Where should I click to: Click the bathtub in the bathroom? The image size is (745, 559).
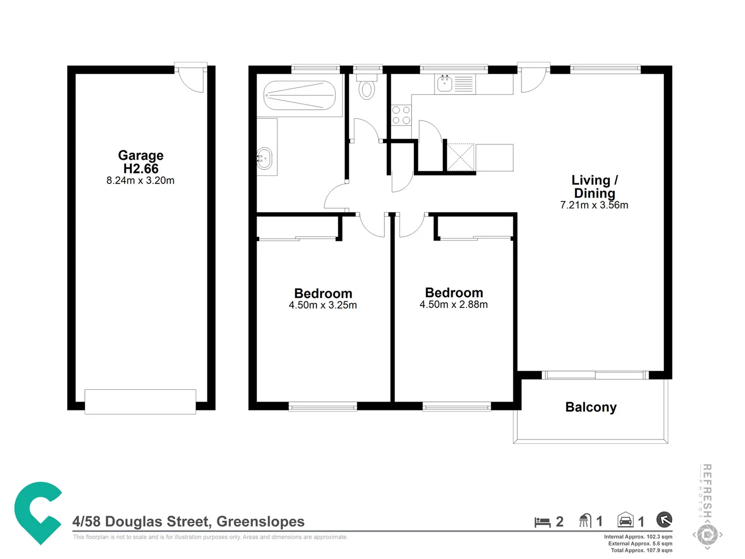pos(300,96)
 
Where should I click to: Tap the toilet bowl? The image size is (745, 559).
pos(367,90)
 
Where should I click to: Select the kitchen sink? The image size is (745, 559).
pos(445,83)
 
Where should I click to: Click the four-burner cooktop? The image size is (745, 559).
pos(401,115)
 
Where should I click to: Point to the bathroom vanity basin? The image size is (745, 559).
pos(264,158)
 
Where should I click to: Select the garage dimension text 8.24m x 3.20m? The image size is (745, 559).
pos(141,181)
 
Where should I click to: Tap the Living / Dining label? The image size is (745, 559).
pos(594,186)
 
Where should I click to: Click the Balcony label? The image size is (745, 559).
pos(591,407)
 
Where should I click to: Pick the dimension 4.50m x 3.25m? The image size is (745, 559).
pos(323,305)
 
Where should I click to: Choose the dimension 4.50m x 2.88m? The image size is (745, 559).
pos(454,305)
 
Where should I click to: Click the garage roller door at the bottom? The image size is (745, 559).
pos(140,402)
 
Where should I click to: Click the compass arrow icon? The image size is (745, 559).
pos(664,519)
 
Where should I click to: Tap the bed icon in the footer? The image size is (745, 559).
pos(542,522)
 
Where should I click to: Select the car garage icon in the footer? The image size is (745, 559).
pos(625,520)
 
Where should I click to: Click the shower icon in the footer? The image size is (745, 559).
pos(585,521)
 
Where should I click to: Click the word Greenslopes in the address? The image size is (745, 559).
pos(260,522)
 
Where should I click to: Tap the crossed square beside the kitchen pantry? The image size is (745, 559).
pos(460,157)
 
